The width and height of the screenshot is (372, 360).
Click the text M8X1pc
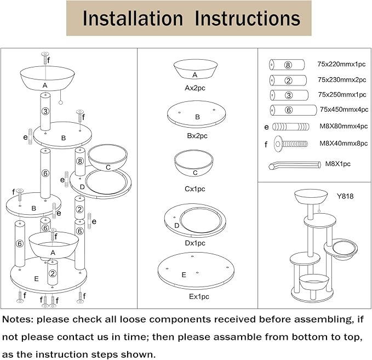pos(337,163)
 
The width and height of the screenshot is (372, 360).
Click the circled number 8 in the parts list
pos(288,65)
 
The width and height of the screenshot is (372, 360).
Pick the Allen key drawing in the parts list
pos(294,165)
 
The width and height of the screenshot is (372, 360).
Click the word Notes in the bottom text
pos(19,318)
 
